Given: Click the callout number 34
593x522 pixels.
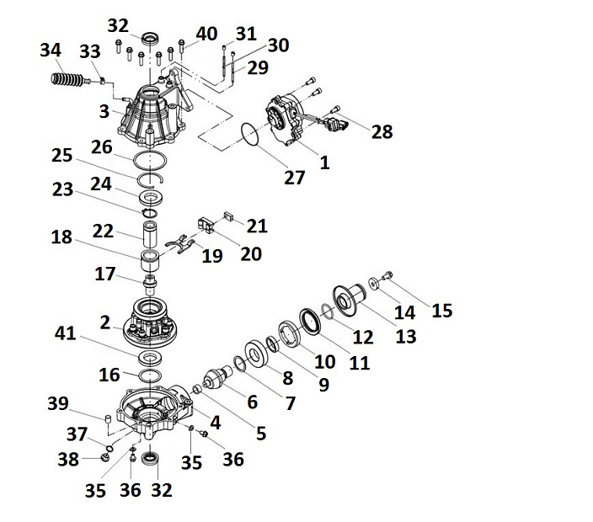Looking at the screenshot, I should point(51,52).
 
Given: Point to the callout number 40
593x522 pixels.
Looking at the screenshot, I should point(207,34).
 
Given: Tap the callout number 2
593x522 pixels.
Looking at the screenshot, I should point(105,322).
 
